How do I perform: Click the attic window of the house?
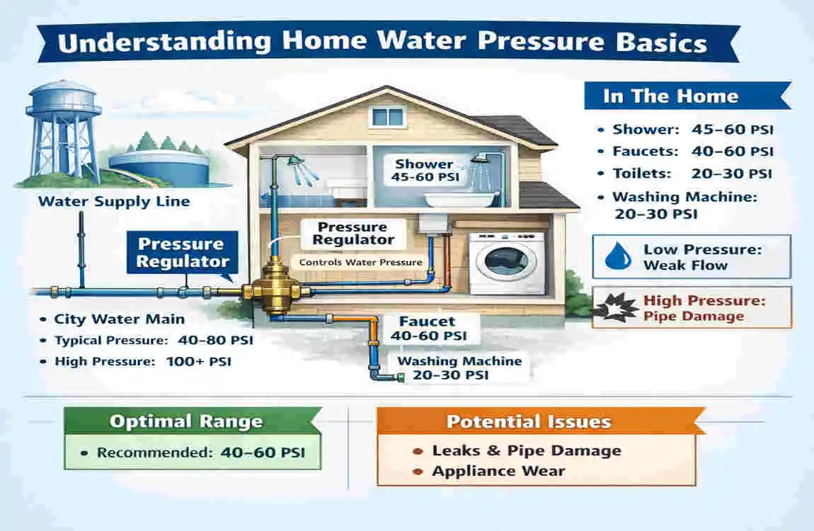(387, 116)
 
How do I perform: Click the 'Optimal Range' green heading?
(185, 422)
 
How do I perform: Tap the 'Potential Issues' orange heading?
(528, 422)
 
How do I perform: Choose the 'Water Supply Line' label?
(114, 201)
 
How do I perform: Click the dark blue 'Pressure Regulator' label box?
(180, 253)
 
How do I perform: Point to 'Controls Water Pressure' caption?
(360, 263)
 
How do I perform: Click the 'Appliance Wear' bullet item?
(498, 471)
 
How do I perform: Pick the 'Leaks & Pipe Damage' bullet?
(526, 451)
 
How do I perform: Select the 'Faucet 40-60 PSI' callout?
(429, 329)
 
